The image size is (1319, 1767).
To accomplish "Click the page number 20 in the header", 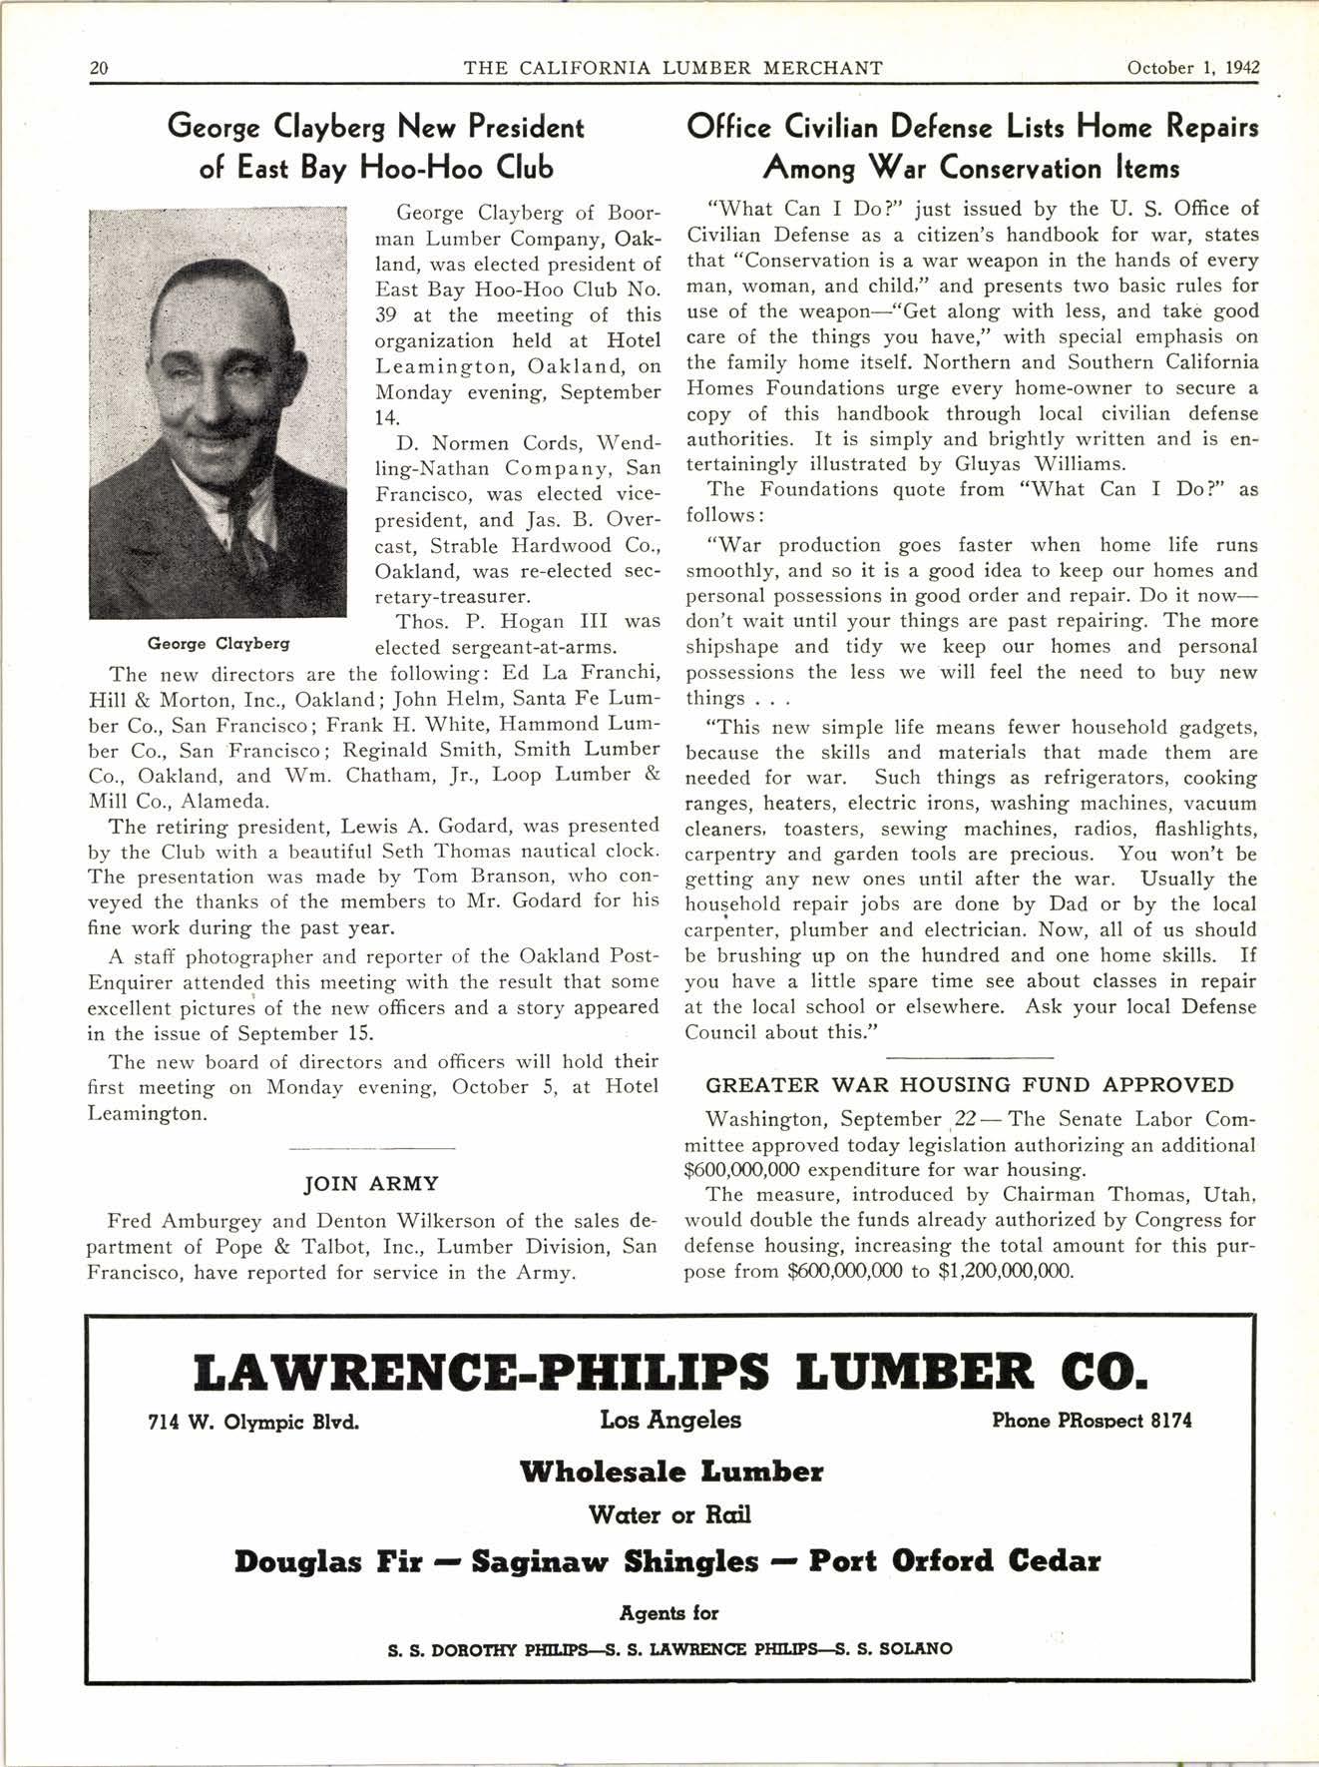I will [99, 68].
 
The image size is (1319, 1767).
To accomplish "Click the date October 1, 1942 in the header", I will [1192, 68].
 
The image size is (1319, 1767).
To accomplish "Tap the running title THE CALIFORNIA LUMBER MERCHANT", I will [673, 68].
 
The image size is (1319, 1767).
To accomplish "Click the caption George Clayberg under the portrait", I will [219, 643].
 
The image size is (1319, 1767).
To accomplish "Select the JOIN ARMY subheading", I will [371, 1184].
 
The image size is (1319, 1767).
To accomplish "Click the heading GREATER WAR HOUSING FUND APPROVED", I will [970, 1085].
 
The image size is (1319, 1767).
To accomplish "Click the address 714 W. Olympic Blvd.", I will [253, 1421].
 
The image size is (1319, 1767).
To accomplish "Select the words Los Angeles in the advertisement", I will [670, 1420].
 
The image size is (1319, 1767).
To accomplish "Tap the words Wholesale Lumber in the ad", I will [670, 1472].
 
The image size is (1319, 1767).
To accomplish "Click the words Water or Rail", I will [669, 1515].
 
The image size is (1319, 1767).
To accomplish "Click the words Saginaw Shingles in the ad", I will [615, 1561].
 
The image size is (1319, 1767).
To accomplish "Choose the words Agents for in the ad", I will [668, 1613].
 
